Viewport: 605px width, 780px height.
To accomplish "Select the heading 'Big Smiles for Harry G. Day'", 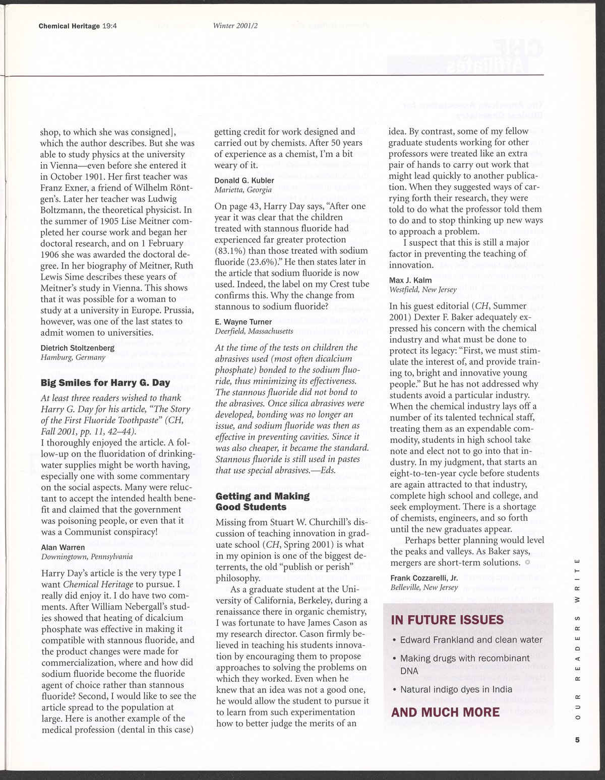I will (x=105, y=383).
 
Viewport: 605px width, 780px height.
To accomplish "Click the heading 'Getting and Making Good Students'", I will (x=263, y=501).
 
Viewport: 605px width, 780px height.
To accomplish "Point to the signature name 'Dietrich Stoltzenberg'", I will (x=77, y=348).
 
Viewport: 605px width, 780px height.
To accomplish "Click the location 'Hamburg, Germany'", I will (x=72, y=357).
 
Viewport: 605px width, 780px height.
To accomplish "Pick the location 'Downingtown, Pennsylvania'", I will (x=87, y=557).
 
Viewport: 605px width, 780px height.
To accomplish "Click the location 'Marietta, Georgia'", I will (x=243, y=190).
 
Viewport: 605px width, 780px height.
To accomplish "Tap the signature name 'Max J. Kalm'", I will (x=410, y=280).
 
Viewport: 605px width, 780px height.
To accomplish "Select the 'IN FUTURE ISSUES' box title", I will (x=447, y=619).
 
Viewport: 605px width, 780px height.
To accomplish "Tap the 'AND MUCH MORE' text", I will (x=445, y=712).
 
